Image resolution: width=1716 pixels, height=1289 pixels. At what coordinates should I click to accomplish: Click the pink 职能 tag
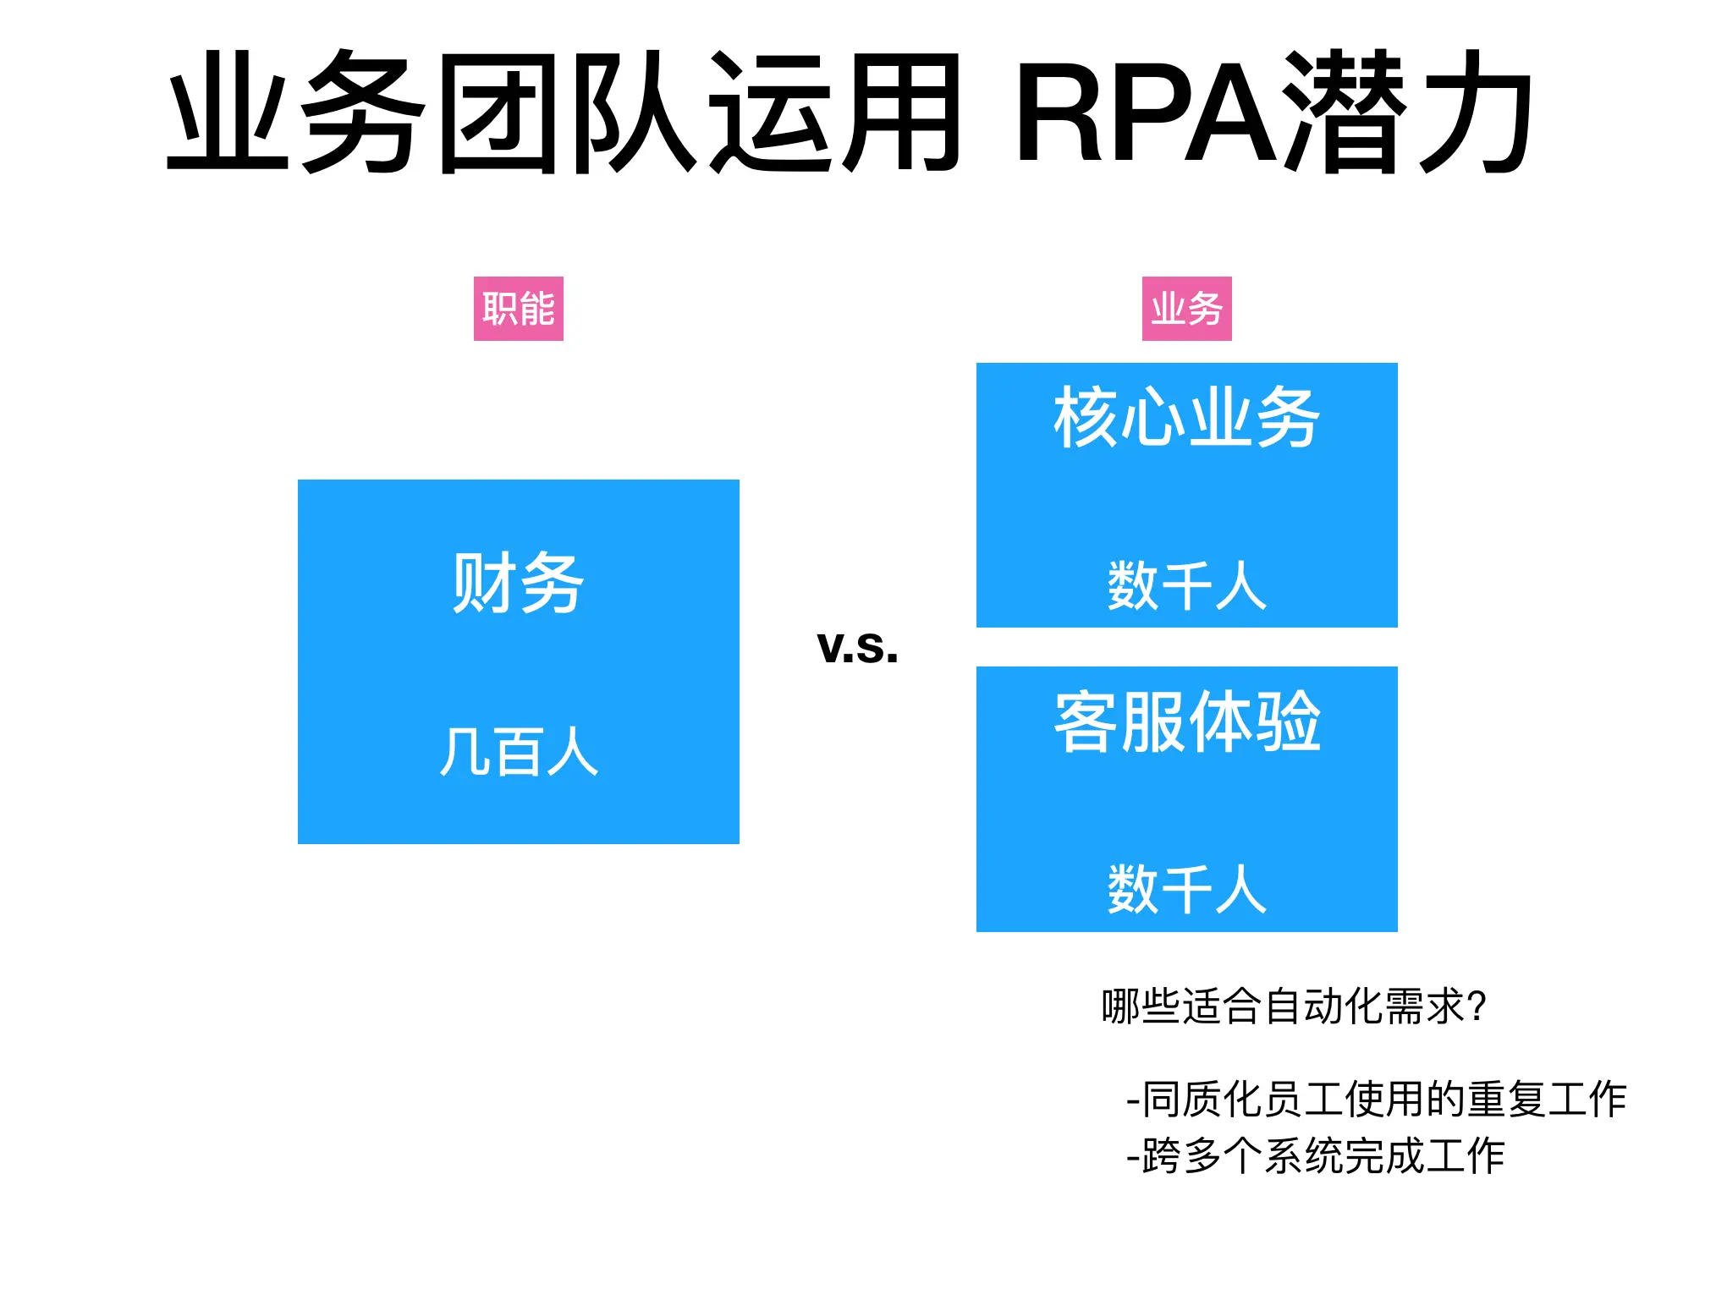click(x=518, y=309)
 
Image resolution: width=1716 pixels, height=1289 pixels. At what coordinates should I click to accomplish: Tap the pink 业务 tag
click(x=1186, y=309)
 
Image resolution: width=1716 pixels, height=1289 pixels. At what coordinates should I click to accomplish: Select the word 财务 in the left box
click(x=518, y=583)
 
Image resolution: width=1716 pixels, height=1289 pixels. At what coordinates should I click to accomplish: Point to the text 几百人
click(x=518, y=752)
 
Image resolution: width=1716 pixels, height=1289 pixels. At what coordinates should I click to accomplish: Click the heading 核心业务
click(x=1186, y=417)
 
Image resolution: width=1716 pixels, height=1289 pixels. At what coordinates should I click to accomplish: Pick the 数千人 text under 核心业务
click(x=1186, y=585)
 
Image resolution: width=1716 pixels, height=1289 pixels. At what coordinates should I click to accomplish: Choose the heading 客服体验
click(x=1186, y=721)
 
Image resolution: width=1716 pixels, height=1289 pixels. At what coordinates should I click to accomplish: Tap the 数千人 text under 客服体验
click(x=1186, y=889)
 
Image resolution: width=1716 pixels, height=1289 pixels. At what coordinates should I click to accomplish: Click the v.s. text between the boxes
click(x=857, y=647)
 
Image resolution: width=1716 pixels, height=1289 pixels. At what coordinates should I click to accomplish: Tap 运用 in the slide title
click(x=833, y=112)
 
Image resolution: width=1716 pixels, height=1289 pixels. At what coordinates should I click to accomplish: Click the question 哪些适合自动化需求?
click(x=1293, y=1007)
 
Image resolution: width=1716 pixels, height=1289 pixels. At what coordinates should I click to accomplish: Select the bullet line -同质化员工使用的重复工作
click(x=1376, y=1100)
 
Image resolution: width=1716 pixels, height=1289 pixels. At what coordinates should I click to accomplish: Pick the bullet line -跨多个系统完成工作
click(x=1315, y=1156)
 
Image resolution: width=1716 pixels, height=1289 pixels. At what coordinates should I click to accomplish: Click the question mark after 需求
click(x=1477, y=1007)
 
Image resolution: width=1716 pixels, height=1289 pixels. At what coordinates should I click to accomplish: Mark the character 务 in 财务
click(x=552, y=583)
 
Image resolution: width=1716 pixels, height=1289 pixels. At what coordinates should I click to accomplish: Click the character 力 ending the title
click(x=1474, y=112)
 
